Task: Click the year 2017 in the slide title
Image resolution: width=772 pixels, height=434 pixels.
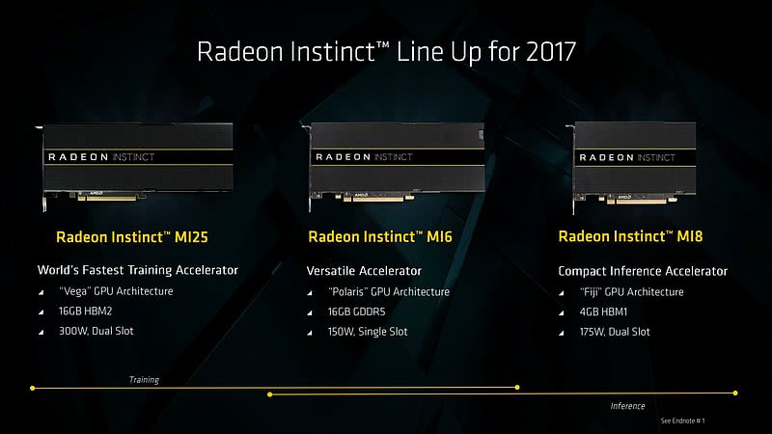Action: pyautogui.click(x=550, y=51)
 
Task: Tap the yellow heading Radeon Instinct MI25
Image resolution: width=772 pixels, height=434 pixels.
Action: pyautogui.click(x=132, y=237)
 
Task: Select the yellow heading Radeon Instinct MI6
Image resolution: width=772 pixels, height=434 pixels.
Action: pyautogui.click(x=380, y=236)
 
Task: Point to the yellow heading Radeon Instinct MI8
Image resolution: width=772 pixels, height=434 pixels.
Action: pyautogui.click(x=630, y=236)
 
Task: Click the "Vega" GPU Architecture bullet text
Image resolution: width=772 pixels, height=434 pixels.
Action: pyautogui.click(x=116, y=291)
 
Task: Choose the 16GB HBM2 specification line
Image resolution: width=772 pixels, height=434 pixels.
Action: pyautogui.click(x=85, y=311)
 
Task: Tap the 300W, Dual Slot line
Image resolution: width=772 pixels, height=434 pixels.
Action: pyautogui.click(x=96, y=331)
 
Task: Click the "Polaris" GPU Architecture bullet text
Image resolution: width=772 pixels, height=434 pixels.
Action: pyautogui.click(x=389, y=292)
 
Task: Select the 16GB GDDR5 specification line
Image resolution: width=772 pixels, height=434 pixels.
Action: pyautogui.click(x=356, y=312)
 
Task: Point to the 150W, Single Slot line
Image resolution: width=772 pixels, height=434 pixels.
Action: pyautogui.click(x=368, y=332)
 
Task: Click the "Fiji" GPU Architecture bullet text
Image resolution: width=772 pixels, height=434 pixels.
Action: pyautogui.click(x=632, y=292)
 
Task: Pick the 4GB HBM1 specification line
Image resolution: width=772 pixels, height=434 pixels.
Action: pyautogui.click(x=603, y=312)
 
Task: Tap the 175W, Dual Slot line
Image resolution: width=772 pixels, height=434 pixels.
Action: pyautogui.click(x=615, y=332)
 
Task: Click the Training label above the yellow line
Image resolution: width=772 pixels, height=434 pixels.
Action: pyautogui.click(x=144, y=380)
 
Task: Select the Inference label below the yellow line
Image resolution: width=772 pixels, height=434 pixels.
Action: pyautogui.click(x=627, y=406)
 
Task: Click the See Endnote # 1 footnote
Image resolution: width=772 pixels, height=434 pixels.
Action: pyautogui.click(x=682, y=420)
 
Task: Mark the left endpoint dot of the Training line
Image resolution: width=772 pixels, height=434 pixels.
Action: pyautogui.click(x=33, y=389)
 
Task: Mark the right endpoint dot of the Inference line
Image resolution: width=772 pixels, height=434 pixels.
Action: pyautogui.click(x=735, y=393)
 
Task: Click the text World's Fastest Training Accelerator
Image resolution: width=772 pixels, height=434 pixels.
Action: pyautogui.click(x=137, y=270)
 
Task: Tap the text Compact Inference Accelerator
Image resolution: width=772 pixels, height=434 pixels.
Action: pyautogui.click(x=643, y=271)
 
